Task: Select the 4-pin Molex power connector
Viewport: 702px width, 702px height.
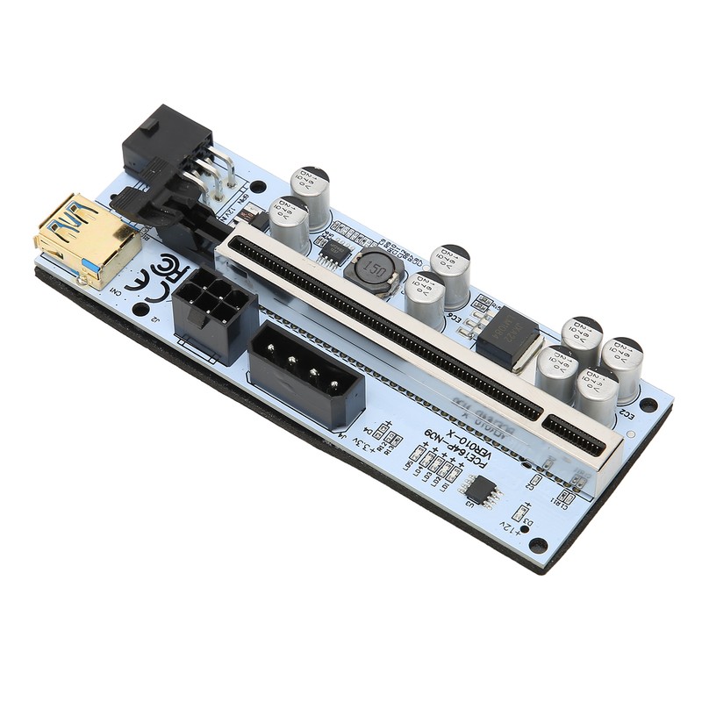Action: [307, 374]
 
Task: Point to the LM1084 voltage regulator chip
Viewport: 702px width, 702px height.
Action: [507, 338]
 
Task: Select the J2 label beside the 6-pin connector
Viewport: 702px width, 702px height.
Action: [156, 319]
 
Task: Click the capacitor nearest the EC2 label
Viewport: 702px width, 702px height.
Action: [597, 395]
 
